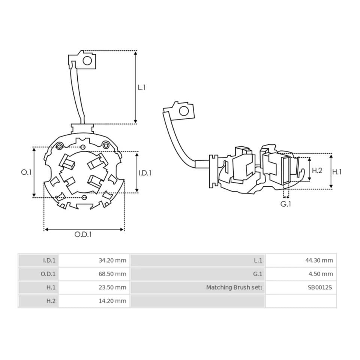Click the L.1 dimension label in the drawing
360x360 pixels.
(x=142, y=87)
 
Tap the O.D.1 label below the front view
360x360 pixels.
(x=83, y=234)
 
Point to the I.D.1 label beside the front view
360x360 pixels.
(x=145, y=173)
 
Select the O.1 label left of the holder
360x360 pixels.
(x=26, y=172)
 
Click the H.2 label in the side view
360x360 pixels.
(x=317, y=170)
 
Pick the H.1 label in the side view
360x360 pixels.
(x=337, y=172)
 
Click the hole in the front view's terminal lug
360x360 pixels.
(x=87, y=61)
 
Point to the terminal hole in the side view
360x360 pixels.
(x=184, y=111)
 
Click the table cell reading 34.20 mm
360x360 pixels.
(x=112, y=260)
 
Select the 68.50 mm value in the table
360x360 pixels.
(x=112, y=274)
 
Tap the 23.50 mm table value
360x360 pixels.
(x=112, y=288)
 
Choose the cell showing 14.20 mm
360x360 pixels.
(x=112, y=301)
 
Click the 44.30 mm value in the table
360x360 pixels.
(x=319, y=260)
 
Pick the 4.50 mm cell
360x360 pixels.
(x=321, y=274)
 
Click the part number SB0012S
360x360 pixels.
(x=320, y=288)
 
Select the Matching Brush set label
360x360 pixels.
(x=234, y=288)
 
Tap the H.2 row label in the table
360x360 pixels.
(x=51, y=301)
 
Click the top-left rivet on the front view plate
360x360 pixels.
(x=60, y=146)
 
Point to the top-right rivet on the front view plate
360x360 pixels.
(x=106, y=145)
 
